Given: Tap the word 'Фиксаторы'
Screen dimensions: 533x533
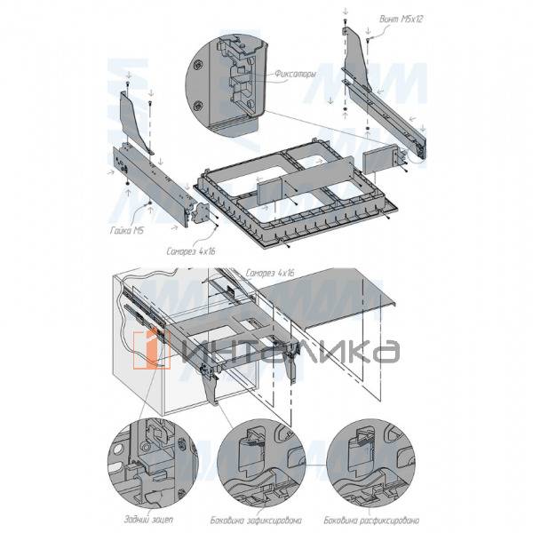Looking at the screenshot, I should pos(296,75).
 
